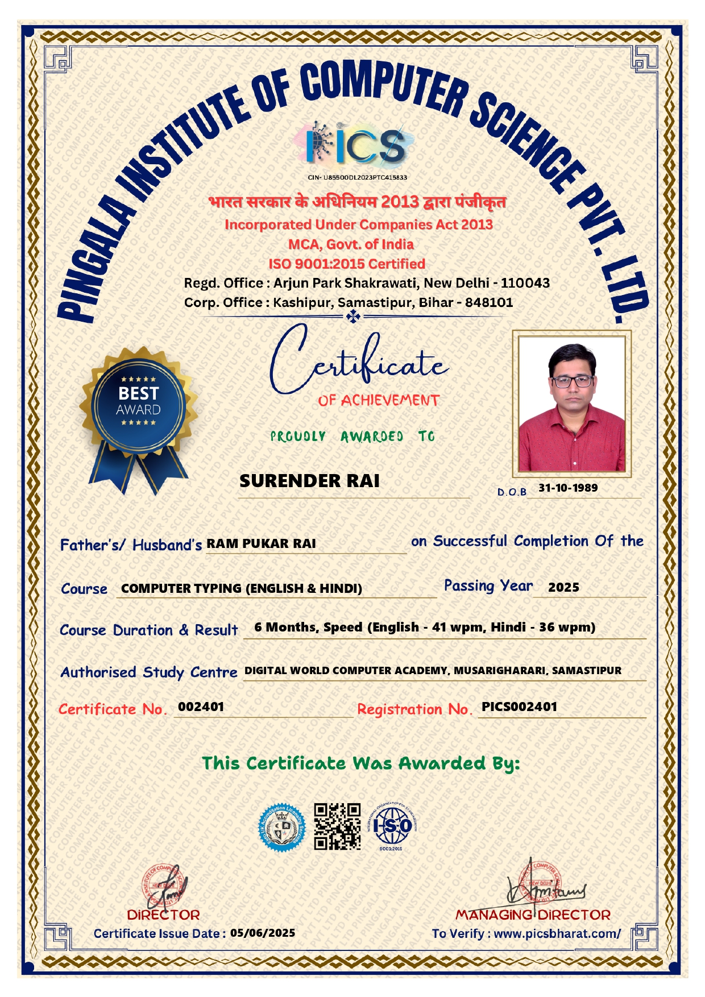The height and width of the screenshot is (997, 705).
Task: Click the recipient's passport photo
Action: pyautogui.click(x=571, y=404)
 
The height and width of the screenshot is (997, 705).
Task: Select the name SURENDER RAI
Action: pyautogui.click(x=309, y=481)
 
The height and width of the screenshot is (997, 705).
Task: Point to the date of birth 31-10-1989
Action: pyautogui.click(x=568, y=488)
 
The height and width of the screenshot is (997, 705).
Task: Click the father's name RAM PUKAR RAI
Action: pyautogui.click(x=261, y=544)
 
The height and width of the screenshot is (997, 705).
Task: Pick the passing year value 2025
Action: pyautogui.click(x=563, y=588)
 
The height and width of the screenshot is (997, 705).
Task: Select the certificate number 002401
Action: pyautogui.click(x=201, y=707)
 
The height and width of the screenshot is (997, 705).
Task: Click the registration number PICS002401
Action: pyautogui.click(x=519, y=707)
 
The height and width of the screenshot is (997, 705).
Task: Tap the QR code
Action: pyautogui.click(x=338, y=826)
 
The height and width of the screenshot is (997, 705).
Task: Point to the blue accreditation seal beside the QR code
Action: pyautogui.click(x=282, y=828)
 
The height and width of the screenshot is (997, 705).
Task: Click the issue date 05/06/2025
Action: pyautogui.click(x=263, y=933)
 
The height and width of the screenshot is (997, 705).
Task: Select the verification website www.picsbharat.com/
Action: pyautogui.click(x=557, y=933)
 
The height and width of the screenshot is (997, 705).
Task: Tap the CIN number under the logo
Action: pyautogui.click(x=358, y=177)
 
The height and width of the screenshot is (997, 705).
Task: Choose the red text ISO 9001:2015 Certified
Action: pyautogui.click(x=347, y=264)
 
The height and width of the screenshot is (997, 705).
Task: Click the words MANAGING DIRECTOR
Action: pyautogui.click(x=533, y=915)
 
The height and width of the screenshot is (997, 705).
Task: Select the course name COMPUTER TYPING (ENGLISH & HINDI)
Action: pyautogui.click(x=242, y=588)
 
